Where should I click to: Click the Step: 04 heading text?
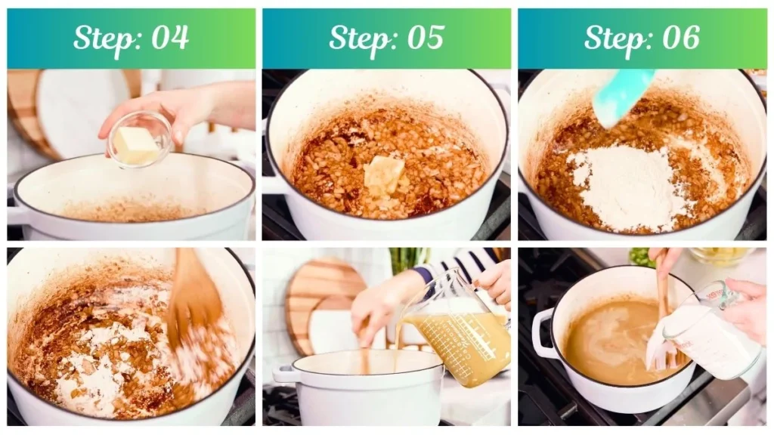pos(131,38)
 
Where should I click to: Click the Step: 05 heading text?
pos(386,38)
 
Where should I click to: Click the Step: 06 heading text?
pos(642,38)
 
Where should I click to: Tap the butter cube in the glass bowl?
pos(137,145)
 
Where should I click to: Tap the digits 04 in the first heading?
pos(169,38)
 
